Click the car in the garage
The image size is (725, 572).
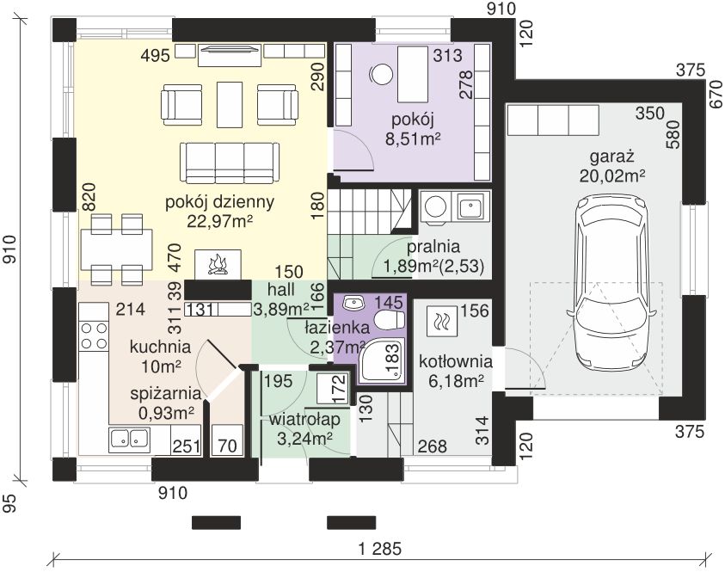coord(612,288)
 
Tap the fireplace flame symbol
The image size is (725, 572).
coord(218,266)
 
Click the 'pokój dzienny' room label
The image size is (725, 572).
coord(219,202)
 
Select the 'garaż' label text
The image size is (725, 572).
coord(611,157)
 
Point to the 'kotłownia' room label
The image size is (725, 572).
coord(456,361)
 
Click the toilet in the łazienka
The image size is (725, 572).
coord(390,319)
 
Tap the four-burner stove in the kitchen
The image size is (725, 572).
coord(94,335)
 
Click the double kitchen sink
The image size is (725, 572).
coord(130,439)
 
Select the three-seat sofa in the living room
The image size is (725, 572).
coord(230,163)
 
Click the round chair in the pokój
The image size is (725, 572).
coord(382,74)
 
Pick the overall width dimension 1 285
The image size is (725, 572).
coord(380,549)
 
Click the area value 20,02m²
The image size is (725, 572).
coord(612,176)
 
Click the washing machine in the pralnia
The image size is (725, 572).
coord(435,206)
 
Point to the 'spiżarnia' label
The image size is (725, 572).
coord(166,394)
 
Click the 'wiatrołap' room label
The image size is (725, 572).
coord(304,420)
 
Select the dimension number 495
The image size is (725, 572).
coord(156,56)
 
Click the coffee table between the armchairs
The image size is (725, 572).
coord(230,105)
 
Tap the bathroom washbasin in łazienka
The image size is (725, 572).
coord(353,303)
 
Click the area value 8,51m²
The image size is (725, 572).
coord(413,138)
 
